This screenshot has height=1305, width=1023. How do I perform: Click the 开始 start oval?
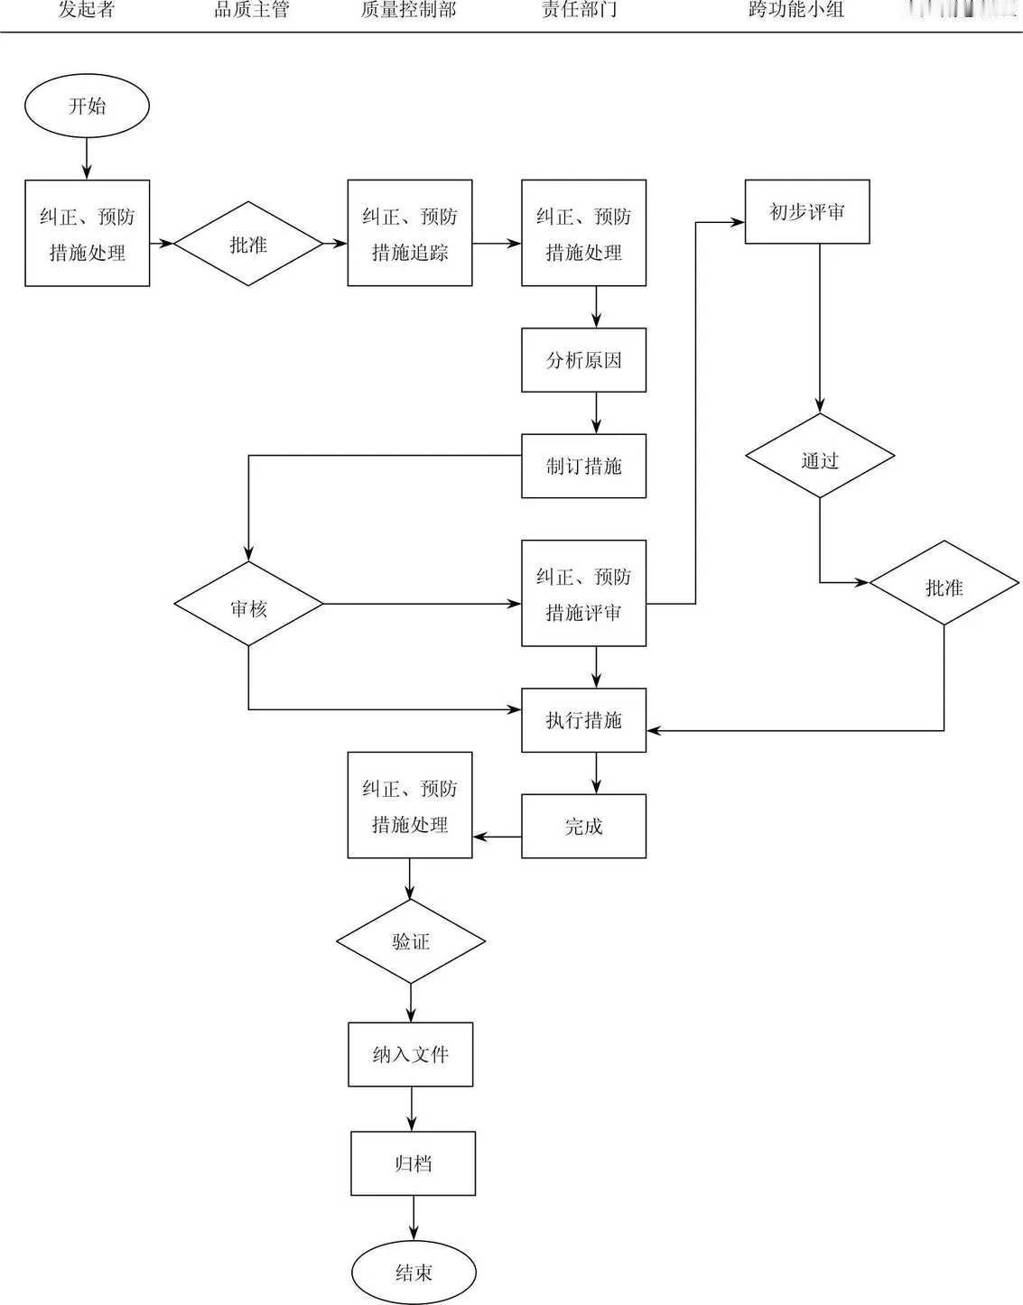click(87, 106)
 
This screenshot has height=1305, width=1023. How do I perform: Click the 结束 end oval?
click(414, 1273)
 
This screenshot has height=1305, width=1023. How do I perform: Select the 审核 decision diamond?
click(248, 604)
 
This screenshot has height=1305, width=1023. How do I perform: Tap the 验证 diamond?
click(411, 941)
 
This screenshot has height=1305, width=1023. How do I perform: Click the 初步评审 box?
click(807, 212)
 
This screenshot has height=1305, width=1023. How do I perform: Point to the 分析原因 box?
click(583, 360)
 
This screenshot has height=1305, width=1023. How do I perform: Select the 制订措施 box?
click(583, 467)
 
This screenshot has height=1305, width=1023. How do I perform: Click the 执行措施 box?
click(583, 720)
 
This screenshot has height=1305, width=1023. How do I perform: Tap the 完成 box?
click(583, 826)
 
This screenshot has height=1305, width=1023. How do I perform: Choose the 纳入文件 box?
click(411, 1054)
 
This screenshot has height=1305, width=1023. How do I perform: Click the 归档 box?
click(414, 1163)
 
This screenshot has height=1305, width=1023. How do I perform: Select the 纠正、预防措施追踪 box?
click(410, 234)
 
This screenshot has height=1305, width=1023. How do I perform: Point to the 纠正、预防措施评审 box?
click(583, 593)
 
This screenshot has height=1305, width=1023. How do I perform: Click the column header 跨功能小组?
click(795, 11)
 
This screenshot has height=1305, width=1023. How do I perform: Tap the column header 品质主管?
click(251, 11)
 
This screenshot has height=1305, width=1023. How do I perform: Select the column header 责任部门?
click(580, 11)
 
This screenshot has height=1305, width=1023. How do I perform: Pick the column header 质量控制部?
click(409, 11)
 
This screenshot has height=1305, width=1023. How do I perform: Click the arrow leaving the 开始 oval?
click(87, 159)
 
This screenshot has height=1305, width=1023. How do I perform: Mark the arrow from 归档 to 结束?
click(414, 1218)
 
